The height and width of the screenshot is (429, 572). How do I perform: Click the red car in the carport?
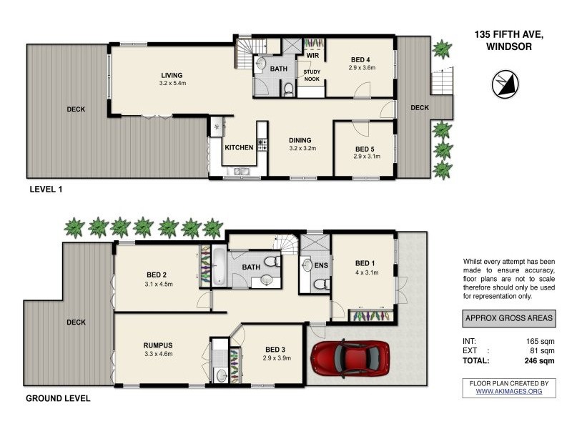350,358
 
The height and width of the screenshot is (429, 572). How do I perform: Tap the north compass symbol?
506,84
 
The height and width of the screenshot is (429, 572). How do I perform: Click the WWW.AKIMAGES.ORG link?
509,391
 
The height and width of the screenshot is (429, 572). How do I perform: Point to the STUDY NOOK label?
312,76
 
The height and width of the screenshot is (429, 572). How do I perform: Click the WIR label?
312,56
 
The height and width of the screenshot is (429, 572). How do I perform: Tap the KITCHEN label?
239,147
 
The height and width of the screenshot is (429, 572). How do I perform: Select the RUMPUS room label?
158,345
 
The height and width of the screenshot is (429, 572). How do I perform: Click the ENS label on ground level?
321,265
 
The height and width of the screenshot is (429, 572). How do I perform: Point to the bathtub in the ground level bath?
220,266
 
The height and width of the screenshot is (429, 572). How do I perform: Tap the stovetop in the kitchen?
262,144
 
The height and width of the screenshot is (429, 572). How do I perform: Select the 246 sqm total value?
539,361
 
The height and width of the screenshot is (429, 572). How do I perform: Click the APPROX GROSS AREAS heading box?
509,318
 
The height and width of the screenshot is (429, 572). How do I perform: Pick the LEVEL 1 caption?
46,189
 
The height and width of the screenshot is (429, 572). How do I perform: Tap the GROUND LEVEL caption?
58,398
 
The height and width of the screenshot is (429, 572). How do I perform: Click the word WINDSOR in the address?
509,46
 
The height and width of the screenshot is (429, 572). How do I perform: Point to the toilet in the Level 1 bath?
289,89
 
